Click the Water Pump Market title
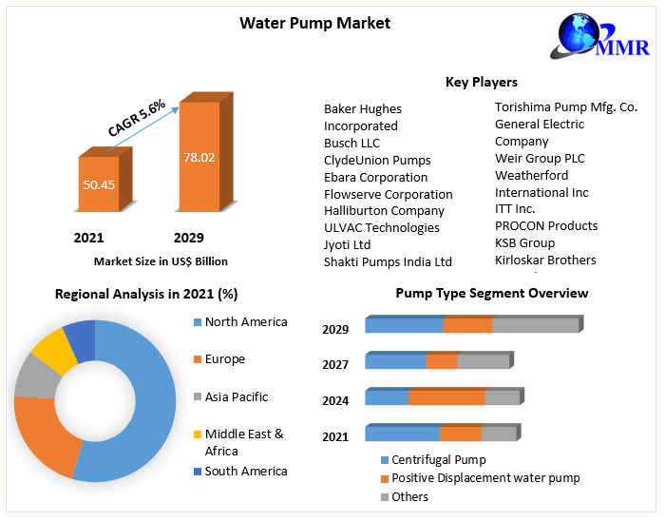(x=314, y=23)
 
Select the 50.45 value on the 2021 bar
(x=99, y=184)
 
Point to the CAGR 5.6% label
(x=136, y=116)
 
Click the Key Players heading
(x=482, y=82)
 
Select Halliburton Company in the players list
(x=384, y=210)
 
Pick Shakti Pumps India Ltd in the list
(x=388, y=261)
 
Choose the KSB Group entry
(x=524, y=242)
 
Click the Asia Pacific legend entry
(x=236, y=396)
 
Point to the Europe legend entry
(x=224, y=358)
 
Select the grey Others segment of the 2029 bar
(x=535, y=325)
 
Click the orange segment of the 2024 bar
(x=446, y=397)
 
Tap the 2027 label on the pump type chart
(x=335, y=364)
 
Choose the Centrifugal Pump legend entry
(x=437, y=460)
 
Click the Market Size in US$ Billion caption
(x=161, y=260)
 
